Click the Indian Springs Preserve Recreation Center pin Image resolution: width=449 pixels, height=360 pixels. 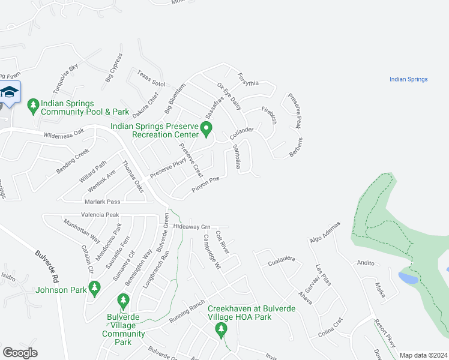click(x=206, y=128)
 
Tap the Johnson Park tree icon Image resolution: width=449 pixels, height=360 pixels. click(x=94, y=289)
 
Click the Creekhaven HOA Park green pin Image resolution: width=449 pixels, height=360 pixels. click(x=221, y=328)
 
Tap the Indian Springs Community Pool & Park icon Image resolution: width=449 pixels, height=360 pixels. click(x=34, y=106)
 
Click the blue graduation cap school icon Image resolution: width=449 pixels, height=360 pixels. click(x=9, y=92)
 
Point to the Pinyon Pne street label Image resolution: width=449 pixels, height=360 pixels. click(x=209, y=184)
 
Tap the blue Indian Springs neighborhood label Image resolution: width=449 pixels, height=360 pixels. click(x=408, y=79)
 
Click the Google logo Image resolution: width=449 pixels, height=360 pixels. click(x=20, y=352)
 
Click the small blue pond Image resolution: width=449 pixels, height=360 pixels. click(x=408, y=278)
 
